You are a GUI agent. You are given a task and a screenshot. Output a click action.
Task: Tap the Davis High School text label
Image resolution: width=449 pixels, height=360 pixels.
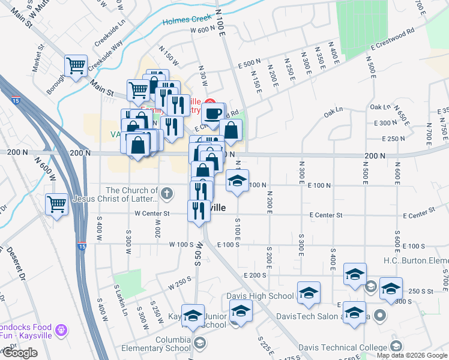click(260, 296)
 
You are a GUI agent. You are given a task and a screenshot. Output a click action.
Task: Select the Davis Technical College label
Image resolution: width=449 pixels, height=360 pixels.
click(343, 347)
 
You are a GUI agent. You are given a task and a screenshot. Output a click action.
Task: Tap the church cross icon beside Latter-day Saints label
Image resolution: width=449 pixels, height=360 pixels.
click(167, 194)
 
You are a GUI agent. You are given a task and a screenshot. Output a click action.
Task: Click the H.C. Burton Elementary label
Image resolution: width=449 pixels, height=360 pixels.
click(414, 261)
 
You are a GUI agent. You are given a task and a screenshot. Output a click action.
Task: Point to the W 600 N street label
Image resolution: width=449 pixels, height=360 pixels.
click(202, 30)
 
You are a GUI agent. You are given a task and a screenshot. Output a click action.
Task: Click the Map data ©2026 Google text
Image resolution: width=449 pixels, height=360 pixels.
click(411, 355)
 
